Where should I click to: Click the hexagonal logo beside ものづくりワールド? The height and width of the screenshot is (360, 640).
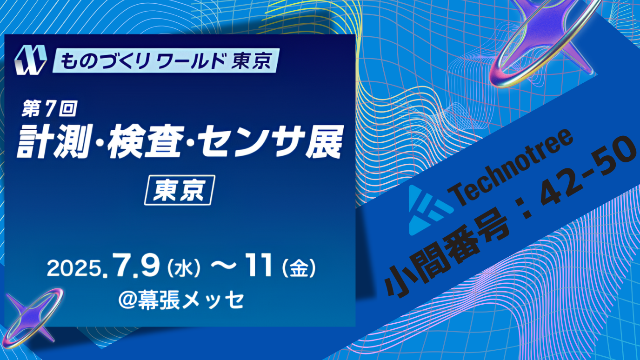click(x=31, y=60)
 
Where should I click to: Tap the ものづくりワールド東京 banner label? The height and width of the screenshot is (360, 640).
click(x=166, y=60)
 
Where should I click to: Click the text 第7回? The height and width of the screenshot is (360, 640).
click(x=49, y=108)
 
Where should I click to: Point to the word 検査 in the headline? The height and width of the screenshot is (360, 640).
click(x=144, y=141)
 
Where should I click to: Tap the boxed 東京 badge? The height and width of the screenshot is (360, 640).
click(x=180, y=190)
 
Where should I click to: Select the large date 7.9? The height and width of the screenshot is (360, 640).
click(x=135, y=266)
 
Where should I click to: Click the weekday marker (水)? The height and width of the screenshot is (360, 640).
click(x=183, y=268)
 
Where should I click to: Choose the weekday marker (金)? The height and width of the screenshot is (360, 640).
click(x=299, y=268)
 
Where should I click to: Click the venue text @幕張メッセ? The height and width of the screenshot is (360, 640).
click(x=181, y=300)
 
